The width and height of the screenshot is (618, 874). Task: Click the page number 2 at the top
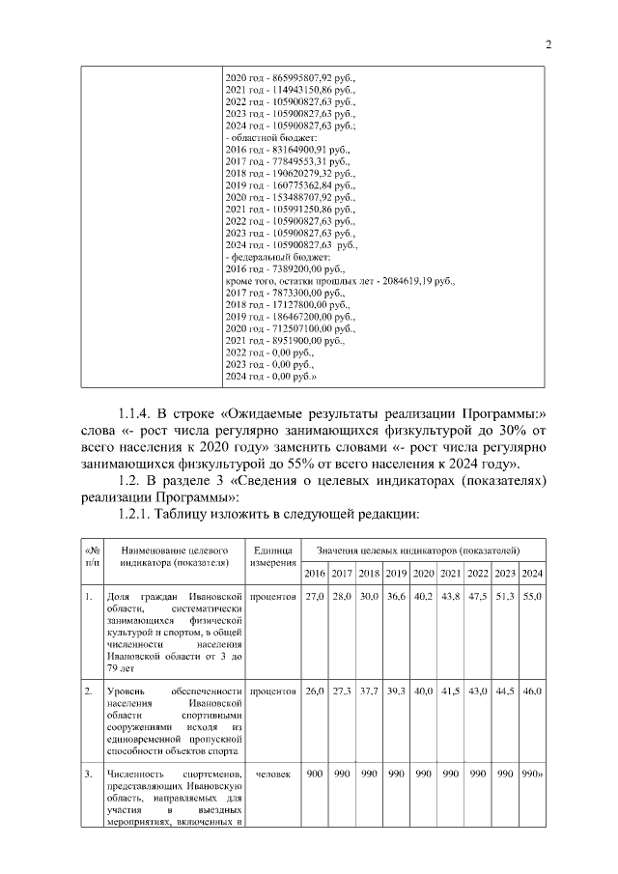(x=548, y=43)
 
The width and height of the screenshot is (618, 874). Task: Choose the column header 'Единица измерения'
(x=272, y=555)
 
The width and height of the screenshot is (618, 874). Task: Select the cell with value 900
(x=314, y=775)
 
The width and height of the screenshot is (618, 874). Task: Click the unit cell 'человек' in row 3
(x=272, y=775)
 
